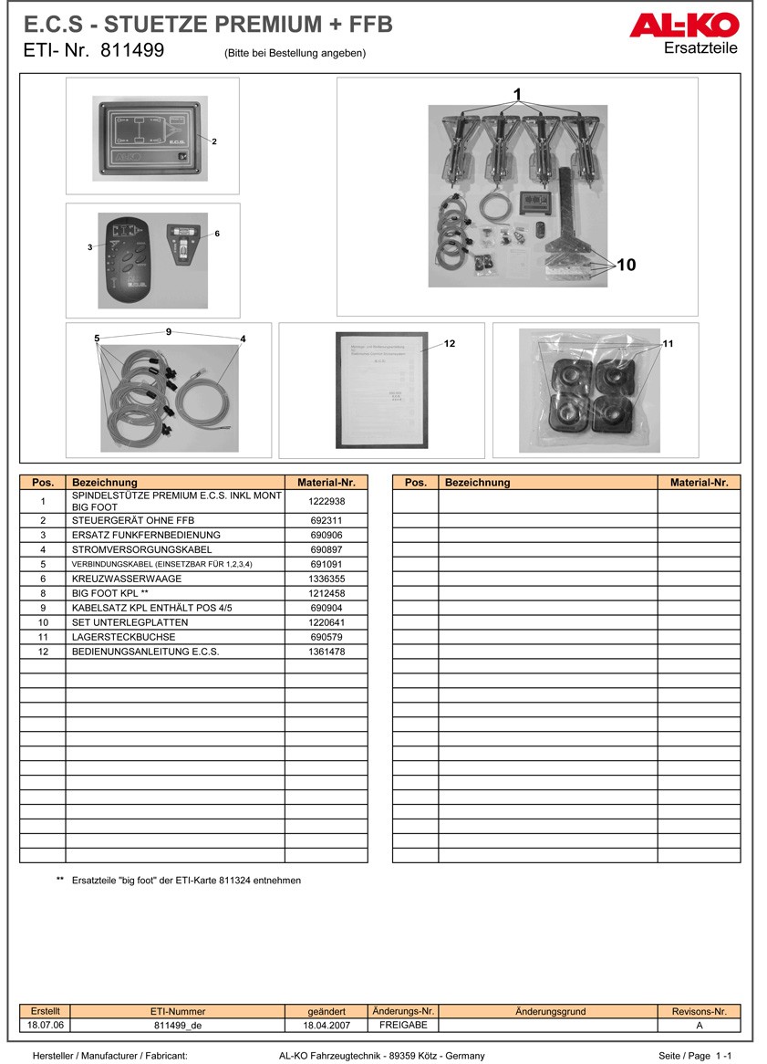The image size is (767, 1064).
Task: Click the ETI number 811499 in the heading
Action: (x=132, y=51)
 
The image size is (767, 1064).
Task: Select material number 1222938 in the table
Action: (x=326, y=501)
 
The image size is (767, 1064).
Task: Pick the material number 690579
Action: (x=326, y=637)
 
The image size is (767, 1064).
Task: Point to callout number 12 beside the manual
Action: (x=450, y=344)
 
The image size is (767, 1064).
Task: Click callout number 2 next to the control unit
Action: (x=214, y=141)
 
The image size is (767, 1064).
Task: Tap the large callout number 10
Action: (x=626, y=266)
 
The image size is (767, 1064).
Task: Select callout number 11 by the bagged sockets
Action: (x=668, y=344)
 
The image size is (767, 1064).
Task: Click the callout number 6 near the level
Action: (x=217, y=234)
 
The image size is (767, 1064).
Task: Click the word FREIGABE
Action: (x=403, y=1026)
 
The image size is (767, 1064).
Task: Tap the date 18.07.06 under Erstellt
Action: (x=46, y=1026)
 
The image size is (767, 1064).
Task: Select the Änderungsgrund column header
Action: (x=550, y=1011)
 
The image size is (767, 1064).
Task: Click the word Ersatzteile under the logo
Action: (x=700, y=48)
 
